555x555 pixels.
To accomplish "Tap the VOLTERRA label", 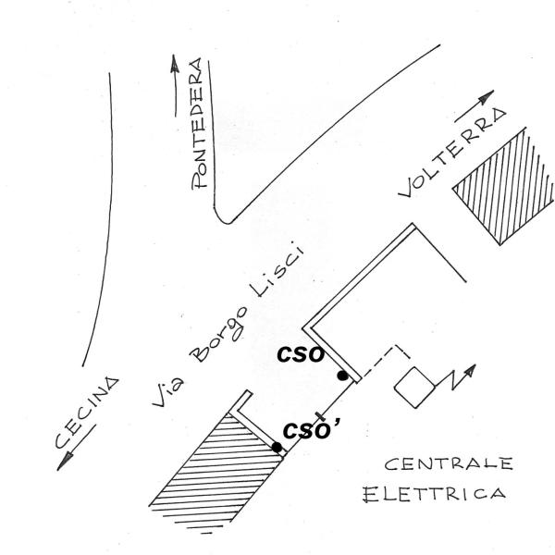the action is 453,153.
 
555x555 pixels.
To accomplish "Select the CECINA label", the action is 87,413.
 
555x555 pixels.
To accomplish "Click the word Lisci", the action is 277,270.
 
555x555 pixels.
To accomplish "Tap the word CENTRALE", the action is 449,463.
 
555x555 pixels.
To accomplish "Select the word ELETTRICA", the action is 435,494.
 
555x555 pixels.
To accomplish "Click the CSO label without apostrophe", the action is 301,354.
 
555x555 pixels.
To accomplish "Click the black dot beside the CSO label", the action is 342,376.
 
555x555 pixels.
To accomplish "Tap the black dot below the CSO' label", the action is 277,447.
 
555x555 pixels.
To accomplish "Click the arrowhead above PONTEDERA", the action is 174,64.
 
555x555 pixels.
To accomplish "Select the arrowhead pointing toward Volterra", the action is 487,96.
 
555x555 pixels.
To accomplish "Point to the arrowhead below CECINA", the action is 65,462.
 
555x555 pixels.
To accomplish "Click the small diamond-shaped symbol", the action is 414,388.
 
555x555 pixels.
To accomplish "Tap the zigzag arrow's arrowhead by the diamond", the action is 471,371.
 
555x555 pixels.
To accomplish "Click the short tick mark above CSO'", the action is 319,415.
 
